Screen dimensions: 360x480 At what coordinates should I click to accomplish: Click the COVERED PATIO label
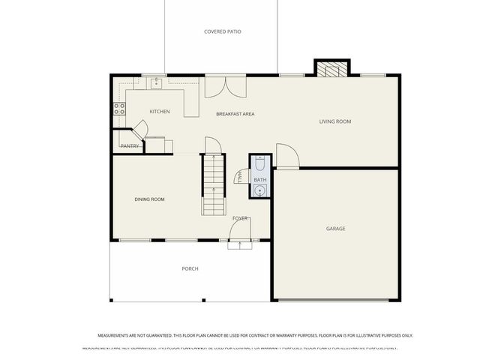point(223,31)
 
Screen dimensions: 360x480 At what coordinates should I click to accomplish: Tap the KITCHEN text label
point(159,112)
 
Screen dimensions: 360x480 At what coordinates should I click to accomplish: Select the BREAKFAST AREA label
point(235,114)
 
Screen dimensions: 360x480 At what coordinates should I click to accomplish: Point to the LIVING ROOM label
point(335,121)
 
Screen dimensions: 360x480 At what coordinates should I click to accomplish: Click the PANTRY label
point(129,146)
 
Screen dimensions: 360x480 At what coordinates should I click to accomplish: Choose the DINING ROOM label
point(149,199)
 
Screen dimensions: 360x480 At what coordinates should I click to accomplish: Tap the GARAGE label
point(335,228)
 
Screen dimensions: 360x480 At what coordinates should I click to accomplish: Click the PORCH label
point(190,268)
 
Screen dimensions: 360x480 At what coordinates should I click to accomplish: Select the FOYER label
point(240,218)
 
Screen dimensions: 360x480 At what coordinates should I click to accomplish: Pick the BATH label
point(259,180)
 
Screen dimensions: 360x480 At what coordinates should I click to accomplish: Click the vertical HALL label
point(238,177)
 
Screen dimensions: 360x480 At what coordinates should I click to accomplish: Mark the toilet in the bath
point(259,163)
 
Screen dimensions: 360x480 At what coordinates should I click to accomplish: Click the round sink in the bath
point(259,190)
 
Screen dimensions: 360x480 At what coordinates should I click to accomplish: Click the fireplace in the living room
point(331,69)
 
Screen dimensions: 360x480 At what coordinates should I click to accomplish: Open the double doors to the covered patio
point(226,87)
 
